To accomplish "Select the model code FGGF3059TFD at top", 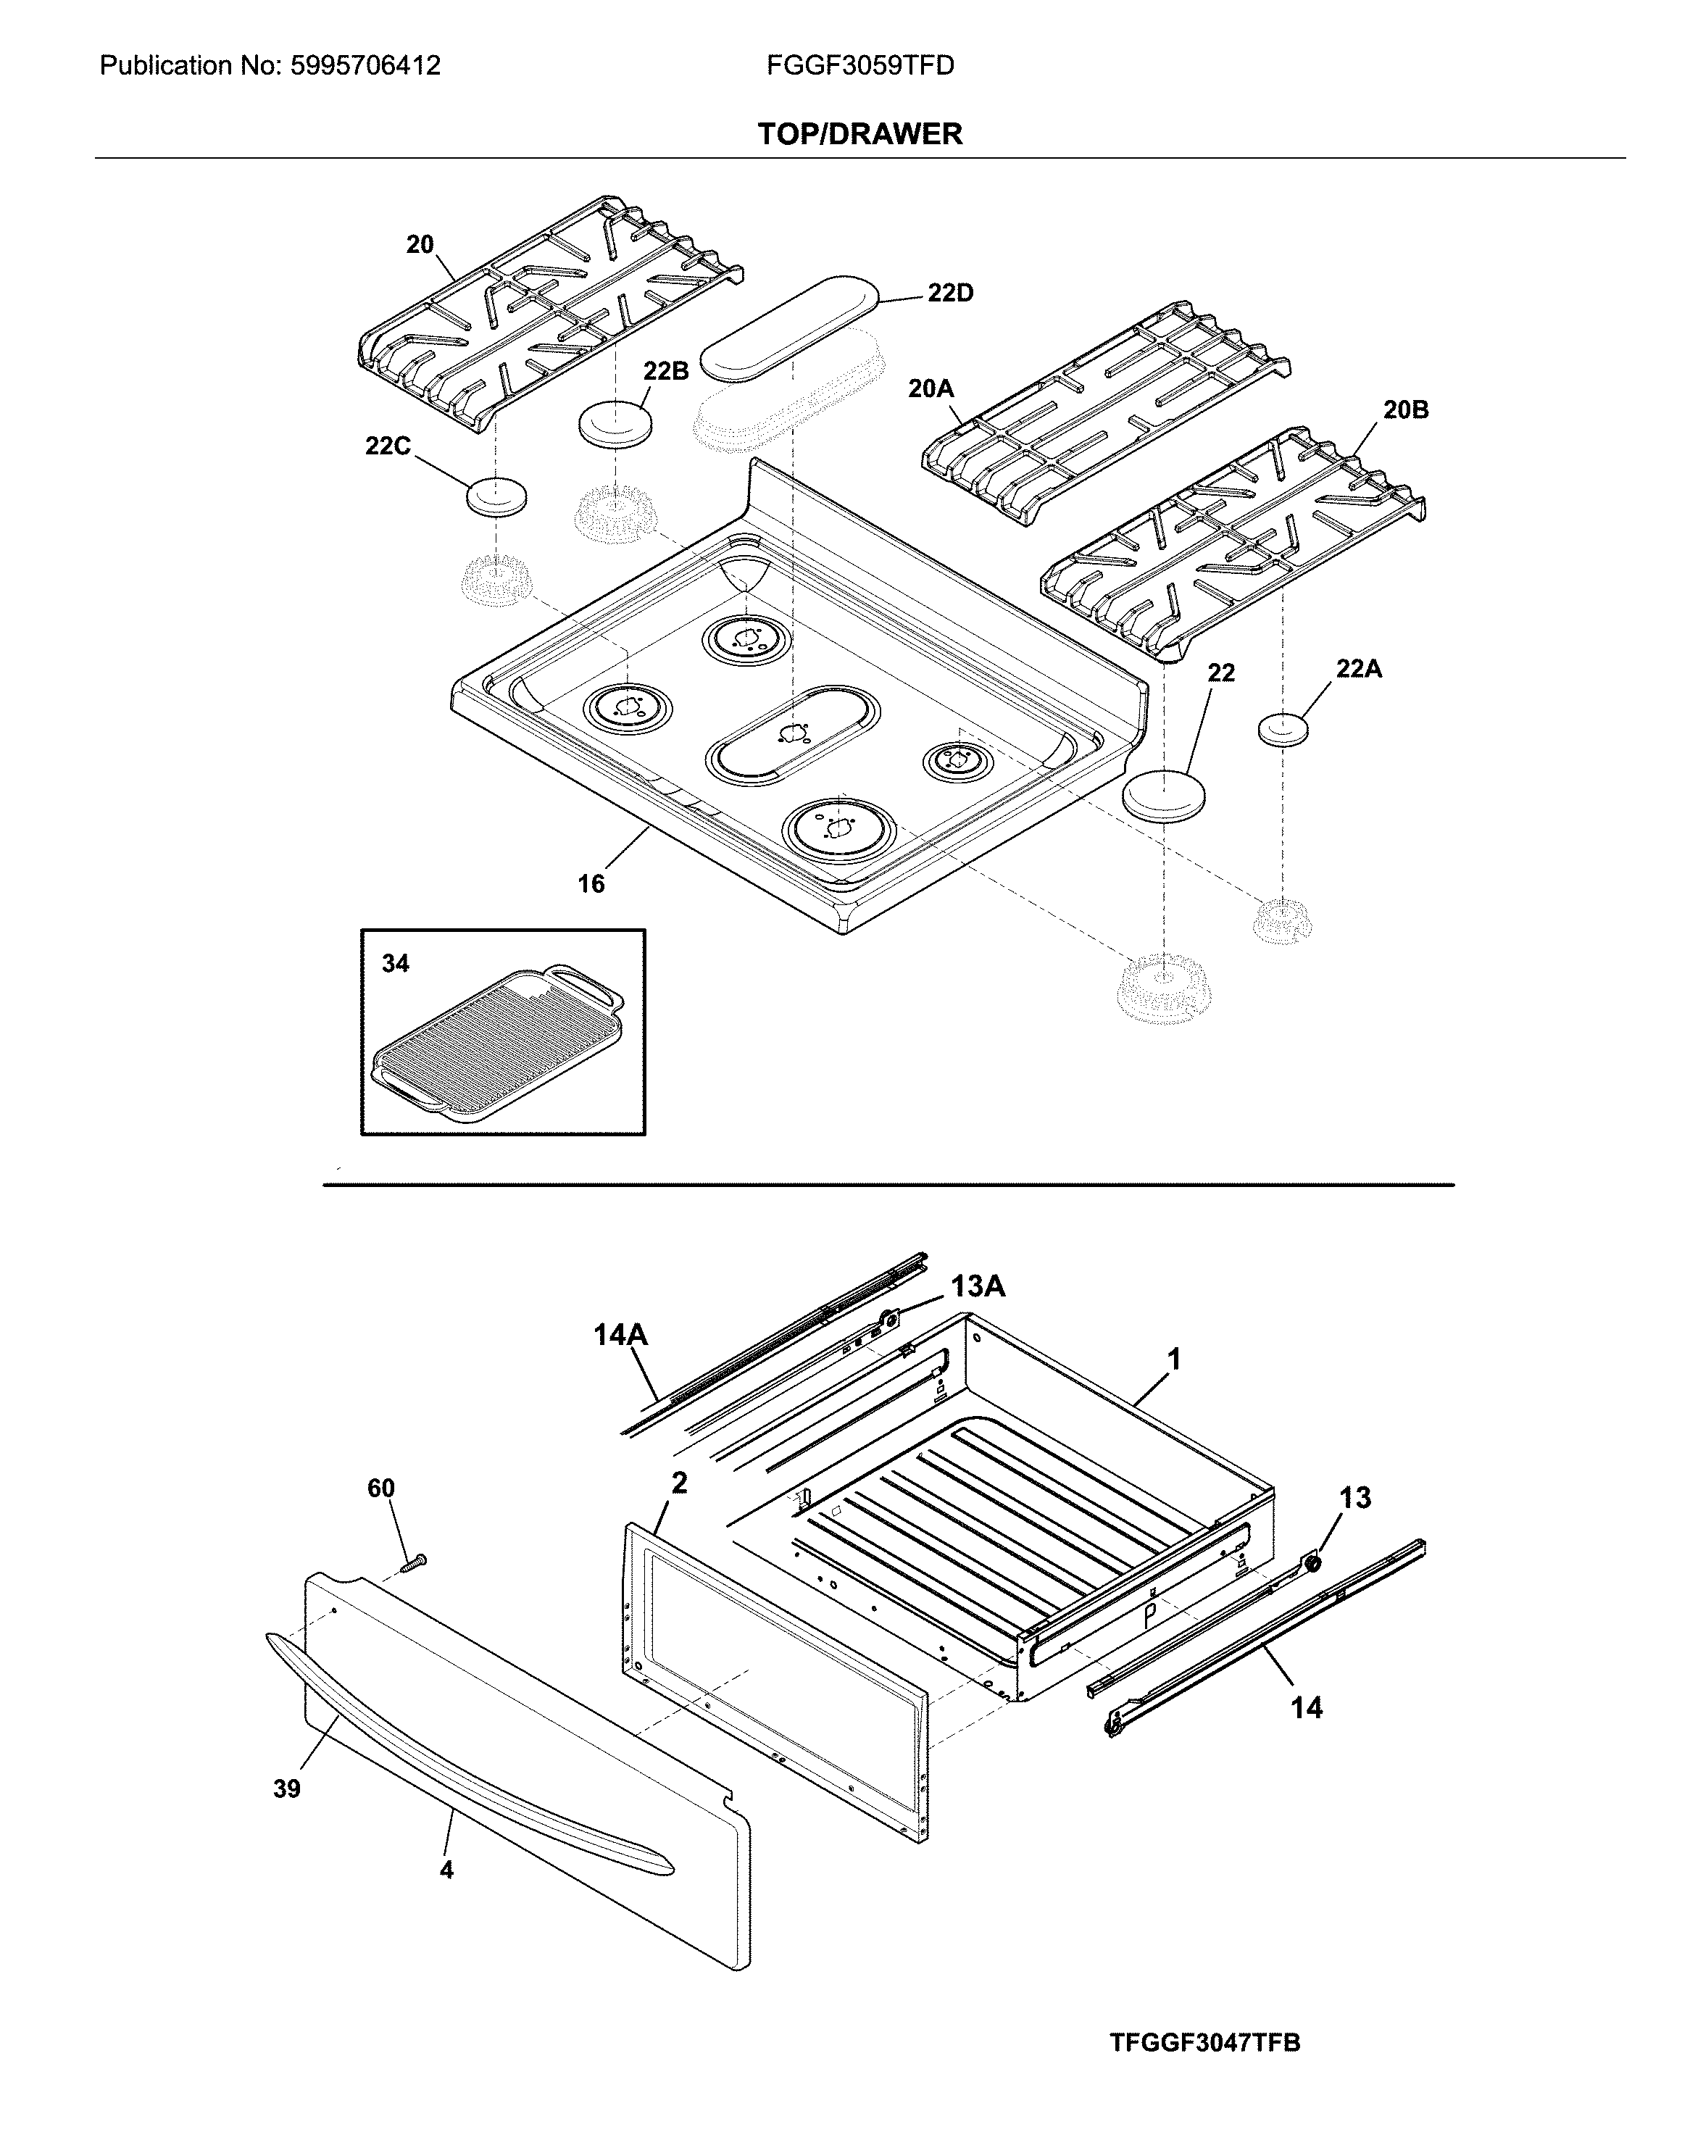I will point(859,66).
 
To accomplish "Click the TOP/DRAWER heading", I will point(859,135).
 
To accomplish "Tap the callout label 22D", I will point(949,293).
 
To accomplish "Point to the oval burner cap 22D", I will point(789,328).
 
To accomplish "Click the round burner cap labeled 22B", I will point(615,423).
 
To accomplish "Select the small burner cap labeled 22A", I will point(1283,730).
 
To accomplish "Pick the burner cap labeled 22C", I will point(496,496).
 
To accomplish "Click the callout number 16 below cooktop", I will point(591,884).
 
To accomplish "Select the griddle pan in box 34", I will point(497,1044).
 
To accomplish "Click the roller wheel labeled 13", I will point(1314,1562).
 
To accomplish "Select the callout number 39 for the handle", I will point(287,1788).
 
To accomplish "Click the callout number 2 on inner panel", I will point(679,1482).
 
